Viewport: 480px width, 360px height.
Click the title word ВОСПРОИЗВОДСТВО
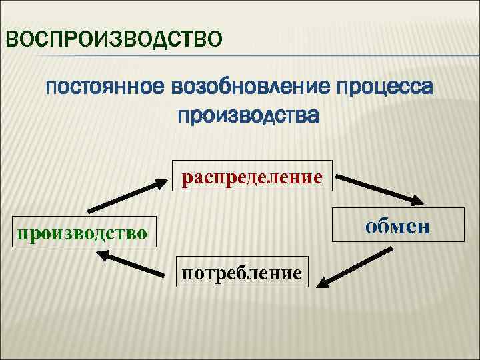coord(113,38)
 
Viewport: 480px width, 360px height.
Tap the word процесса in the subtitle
coord(385,87)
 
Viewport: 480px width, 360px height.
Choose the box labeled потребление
coord(243,271)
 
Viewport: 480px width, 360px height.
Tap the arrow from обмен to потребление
coord(353,267)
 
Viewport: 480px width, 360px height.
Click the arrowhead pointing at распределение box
coord(161,182)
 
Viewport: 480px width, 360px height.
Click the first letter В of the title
coord(11,38)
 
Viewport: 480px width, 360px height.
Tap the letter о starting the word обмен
coord(369,226)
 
